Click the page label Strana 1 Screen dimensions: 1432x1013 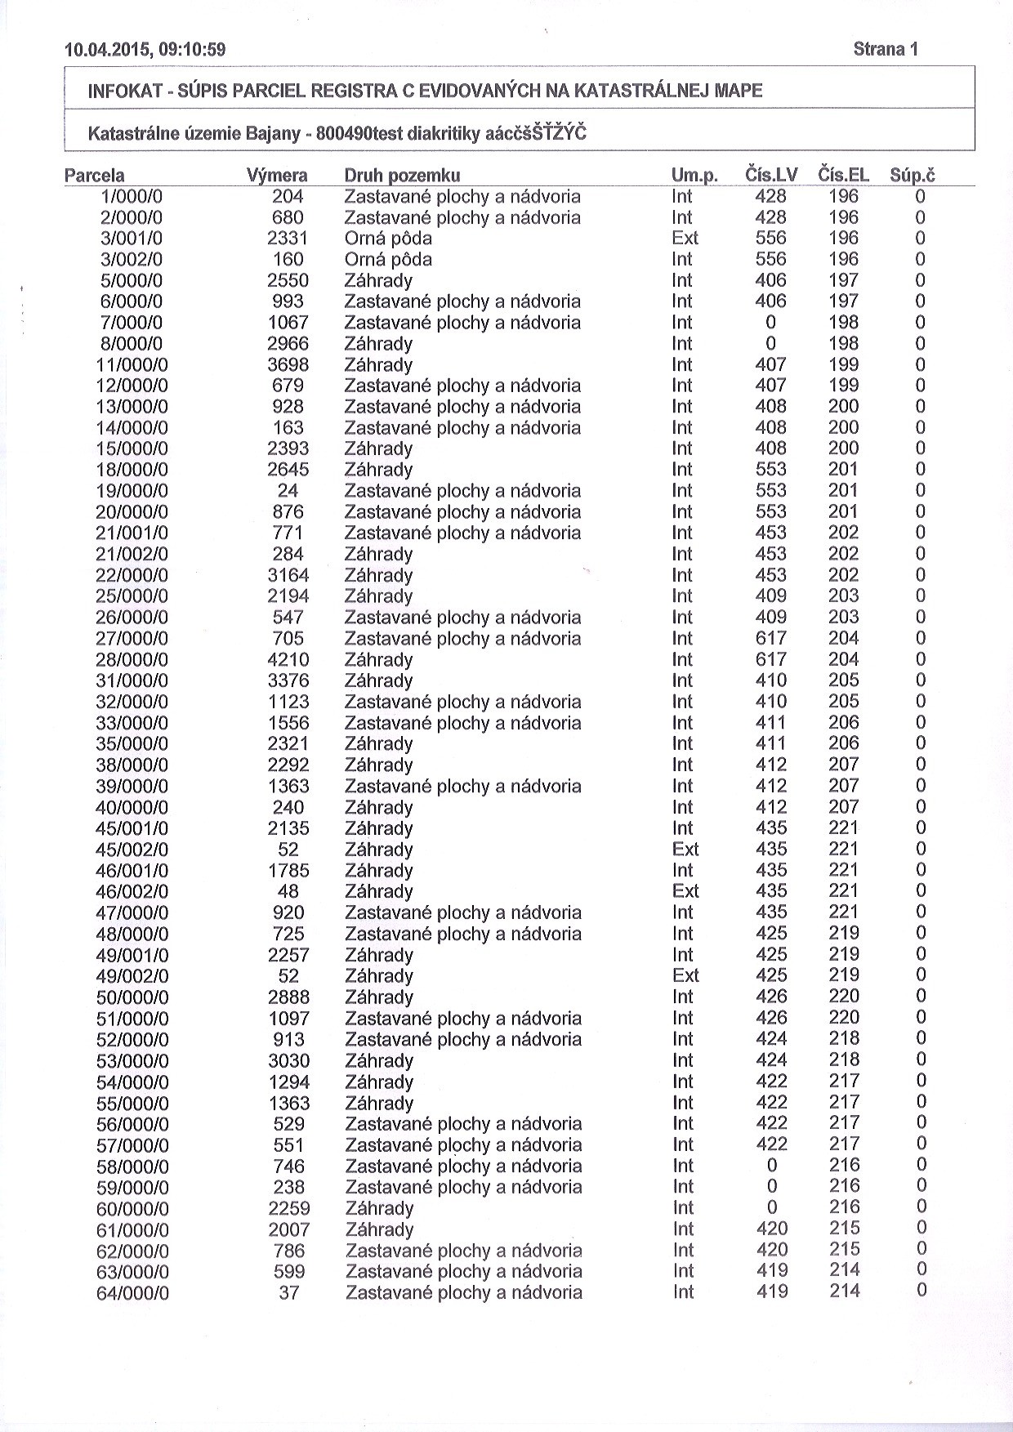886,49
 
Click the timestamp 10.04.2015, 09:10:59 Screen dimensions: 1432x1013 145,50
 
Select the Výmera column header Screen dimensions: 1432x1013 277,176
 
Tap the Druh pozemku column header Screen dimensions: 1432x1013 402,176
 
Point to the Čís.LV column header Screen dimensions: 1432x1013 771,175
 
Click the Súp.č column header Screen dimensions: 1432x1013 913,175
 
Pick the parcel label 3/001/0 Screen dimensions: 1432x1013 132,239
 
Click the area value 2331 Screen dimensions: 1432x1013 288,239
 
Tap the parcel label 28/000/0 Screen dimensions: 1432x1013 132,660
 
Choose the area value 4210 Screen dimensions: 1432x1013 288,660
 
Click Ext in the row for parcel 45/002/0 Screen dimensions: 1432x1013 685,850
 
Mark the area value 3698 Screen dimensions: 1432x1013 288,365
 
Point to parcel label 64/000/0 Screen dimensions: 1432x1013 132,1294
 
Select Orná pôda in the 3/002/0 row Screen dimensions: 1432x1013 388,260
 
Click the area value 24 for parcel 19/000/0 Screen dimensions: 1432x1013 288,491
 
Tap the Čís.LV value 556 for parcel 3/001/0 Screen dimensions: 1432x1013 771,239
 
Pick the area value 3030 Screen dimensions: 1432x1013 289,1060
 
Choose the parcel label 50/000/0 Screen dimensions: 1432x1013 132,997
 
